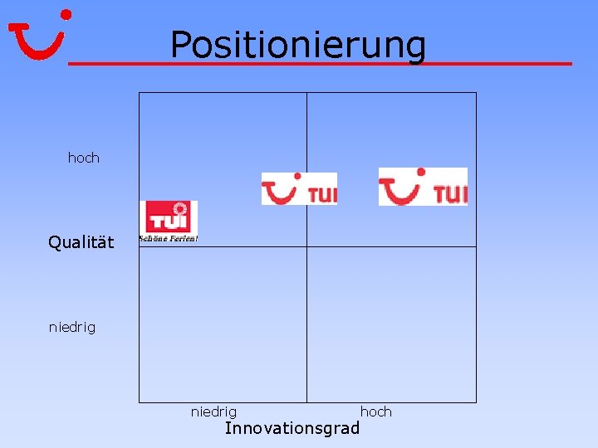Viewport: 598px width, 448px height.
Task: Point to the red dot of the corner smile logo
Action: pyautogui.click(x=66, y=14)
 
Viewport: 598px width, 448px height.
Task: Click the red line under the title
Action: pyautogui.click(x=320, y=63)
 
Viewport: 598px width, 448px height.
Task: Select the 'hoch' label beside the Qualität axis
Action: pyautogui.click(x=83, y=158)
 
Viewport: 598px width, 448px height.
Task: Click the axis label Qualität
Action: pyautogui.click(x=81, y=242)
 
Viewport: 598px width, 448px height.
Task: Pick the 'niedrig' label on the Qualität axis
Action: pyautogui.click(x=72, y=327)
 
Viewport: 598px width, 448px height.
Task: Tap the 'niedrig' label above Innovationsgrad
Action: pyautogui.click(x=213, y=411)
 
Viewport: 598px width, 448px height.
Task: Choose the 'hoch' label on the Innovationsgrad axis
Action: pyautogui.click(x=375, y=411)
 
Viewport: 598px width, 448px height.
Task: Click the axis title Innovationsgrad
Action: pyautogui.click(x=292, y=428)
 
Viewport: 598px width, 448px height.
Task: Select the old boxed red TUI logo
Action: pyautogui.click(x=168, y=217)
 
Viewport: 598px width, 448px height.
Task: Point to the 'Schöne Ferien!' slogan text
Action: pyautogui.click(x=168, y=239)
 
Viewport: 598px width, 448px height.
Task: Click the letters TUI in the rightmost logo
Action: pyautogui.click(x=450, y=194)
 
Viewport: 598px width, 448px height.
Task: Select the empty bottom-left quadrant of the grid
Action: pyautogui.click(x=223, y=324)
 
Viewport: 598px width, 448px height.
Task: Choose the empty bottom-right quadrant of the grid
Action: pyautogui.click(x=391, y=324)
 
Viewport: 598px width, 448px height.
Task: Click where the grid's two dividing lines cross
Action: pyautogui.click(x=307, y=246)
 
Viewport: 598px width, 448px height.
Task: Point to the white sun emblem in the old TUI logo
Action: pyautogui.click(x=180, y=207)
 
